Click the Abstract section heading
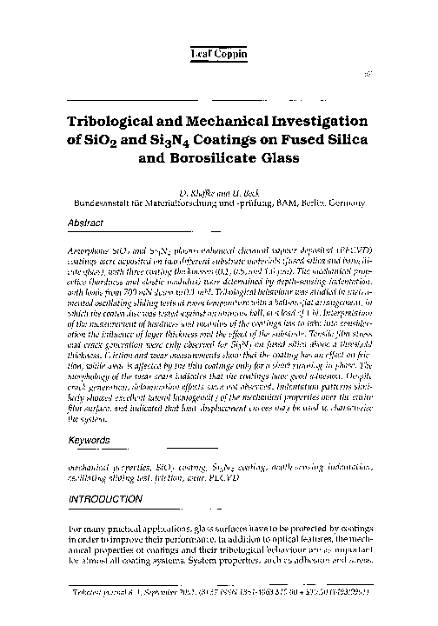pyautogui.click(x=86, y=223)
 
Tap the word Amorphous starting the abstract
pyautogui.click(x=91, y=249)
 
